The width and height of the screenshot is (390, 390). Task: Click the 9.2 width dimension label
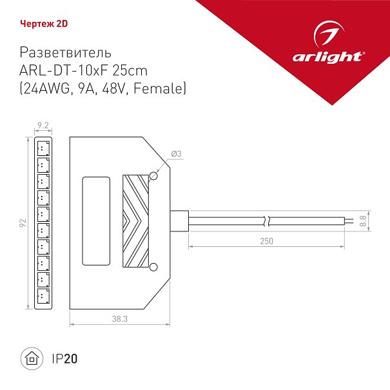point(43,125)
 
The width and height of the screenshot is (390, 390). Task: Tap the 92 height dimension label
point(23,223)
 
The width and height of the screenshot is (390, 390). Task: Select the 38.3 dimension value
point(120,318)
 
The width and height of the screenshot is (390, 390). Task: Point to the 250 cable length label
point(266,240)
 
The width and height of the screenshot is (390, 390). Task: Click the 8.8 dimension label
point(363,220)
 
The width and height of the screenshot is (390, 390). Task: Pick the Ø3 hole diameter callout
point(177,153)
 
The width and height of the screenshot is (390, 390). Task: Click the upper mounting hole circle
point(153,176)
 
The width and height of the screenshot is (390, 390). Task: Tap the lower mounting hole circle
point(153,267)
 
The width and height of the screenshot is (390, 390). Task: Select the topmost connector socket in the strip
point(43,148)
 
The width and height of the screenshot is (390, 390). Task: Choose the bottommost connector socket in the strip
point(43,296)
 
